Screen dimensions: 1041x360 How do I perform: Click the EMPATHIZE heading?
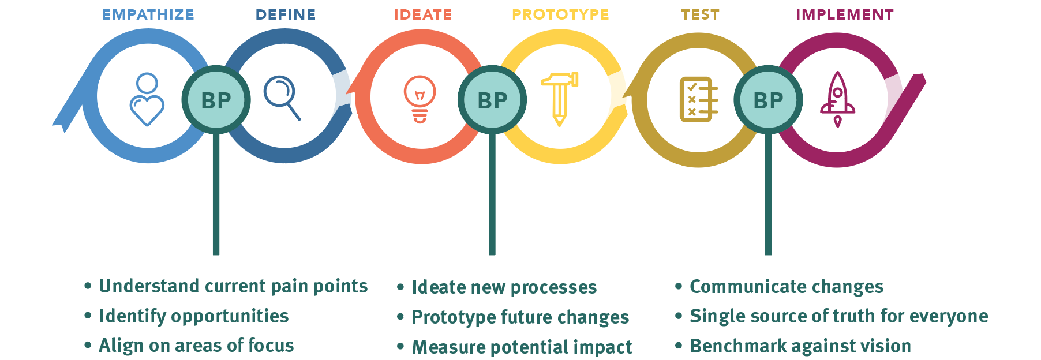[x=148, y=14]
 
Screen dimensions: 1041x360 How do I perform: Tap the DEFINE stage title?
[x=286, y=14]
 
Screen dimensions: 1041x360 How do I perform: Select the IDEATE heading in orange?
[x=423, y=14]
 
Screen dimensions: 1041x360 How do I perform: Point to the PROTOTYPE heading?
[x=560, y=14]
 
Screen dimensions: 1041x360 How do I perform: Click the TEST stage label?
[x=700, y=14]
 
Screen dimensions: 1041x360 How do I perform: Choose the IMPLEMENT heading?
[x=845, y=14]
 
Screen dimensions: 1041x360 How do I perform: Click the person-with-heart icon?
[x=147, y=99]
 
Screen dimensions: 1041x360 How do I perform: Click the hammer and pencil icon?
[x=560, y=99]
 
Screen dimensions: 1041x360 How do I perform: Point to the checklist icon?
[x=699, y=99]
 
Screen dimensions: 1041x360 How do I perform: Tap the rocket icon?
[x=837, y=99]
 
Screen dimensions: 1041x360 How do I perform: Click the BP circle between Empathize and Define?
[x=216, y=100]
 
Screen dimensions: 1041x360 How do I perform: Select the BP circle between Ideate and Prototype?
[x=492, y=100]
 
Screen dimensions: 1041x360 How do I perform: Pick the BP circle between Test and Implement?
[x=768, y=100]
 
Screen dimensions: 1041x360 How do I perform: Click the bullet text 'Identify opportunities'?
[x=194, y=316]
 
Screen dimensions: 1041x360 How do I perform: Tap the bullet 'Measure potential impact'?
[x=522, y=347]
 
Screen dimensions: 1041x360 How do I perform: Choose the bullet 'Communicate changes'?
[x=787, y=287]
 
